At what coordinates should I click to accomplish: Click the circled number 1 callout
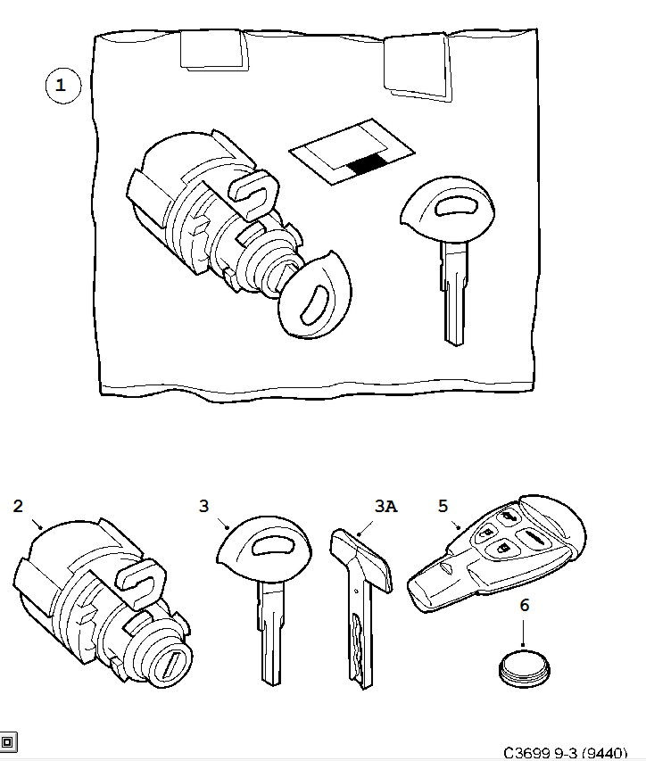point(62,86)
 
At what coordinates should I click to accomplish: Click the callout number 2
point(18,506)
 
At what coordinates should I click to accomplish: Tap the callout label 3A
point(385,506)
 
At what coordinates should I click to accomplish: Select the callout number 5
point(443,506)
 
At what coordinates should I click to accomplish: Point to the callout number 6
point(524,605)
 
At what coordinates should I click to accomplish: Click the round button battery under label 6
point(524,666)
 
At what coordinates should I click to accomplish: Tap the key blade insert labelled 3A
point(361,607)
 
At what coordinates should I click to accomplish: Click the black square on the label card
point(367,164)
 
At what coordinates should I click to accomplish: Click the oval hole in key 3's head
point(273,547)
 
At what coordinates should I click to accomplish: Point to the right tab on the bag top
point(418,66)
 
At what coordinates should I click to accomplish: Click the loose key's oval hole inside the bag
point(457,206)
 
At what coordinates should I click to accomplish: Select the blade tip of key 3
point(271,680)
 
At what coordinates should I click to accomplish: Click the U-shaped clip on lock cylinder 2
point(141,581)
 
